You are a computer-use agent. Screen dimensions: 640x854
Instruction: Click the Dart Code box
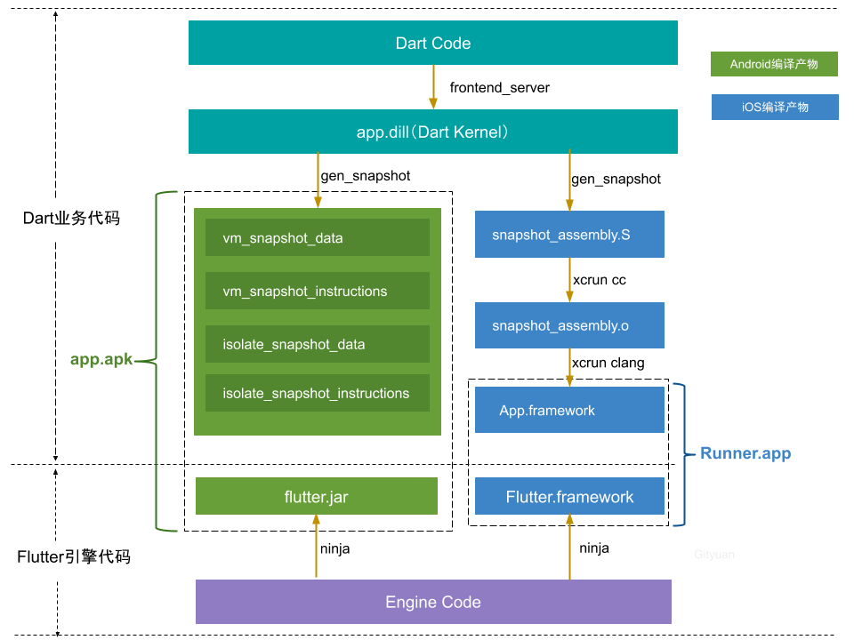pos(432,44)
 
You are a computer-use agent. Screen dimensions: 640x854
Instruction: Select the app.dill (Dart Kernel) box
pos(432,132)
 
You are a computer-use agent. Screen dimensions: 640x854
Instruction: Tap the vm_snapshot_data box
pos(317,238)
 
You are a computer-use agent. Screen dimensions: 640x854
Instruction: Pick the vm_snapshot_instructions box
pos(317,291)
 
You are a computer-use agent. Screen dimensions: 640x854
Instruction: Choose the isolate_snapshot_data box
pos(317,344)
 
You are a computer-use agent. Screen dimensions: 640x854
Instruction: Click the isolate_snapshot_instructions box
pos(317,393)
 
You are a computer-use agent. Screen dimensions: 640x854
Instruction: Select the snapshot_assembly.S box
pos(569,235)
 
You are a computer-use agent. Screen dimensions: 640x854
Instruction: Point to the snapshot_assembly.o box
pos(569,325)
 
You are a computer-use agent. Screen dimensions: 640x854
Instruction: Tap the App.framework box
pos(569,410)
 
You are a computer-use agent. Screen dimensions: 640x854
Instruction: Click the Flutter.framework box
pos(569,496)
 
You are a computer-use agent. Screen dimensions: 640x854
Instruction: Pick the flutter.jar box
pos(316,496)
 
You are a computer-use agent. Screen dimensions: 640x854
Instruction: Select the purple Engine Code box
pos(432,602)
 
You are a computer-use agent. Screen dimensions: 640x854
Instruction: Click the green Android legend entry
pos(774,64)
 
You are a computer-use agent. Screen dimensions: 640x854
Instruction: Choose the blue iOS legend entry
pos(774,107)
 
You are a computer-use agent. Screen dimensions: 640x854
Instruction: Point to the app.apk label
pos(101,360)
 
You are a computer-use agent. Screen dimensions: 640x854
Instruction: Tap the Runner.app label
pos(745,453)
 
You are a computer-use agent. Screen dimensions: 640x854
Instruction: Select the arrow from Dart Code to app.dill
pos(433,87)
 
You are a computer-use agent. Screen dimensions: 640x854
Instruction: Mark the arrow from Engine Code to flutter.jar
pos(316,547)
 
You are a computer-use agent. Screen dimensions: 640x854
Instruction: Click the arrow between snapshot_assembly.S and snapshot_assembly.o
pos(569,280)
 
